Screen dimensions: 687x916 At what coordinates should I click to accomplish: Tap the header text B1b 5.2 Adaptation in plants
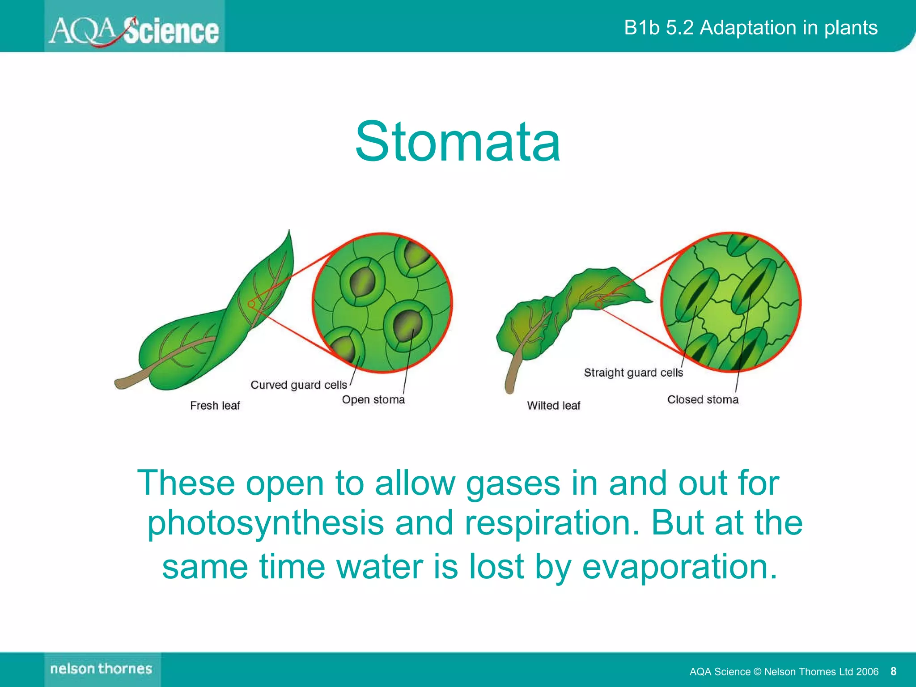click(750, 28)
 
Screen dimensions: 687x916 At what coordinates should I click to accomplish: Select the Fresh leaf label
click(215, 406)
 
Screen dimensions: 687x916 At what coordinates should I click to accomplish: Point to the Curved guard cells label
click(298, 385)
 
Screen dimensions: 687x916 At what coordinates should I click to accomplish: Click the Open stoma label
click(373, 400)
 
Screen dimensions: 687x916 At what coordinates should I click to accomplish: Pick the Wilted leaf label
click(553, 406)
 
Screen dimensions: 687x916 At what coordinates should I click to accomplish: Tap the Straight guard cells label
click(633, 373)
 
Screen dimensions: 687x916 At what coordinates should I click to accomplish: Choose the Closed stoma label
click(702, 400)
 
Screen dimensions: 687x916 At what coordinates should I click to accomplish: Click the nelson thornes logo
click(102, 669)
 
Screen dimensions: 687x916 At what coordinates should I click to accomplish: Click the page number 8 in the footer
click(893, 671)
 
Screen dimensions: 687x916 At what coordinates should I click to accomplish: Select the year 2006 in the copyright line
click(867, 671)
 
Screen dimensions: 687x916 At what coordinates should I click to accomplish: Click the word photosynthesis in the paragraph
click(265, 523)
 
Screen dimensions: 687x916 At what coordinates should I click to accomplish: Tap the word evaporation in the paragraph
click(679, 566)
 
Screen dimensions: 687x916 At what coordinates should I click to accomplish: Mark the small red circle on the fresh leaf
click(251, 304)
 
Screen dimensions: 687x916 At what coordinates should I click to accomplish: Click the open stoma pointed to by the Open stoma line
click(407, 325)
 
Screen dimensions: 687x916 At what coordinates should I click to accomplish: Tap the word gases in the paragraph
click(513, 483)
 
